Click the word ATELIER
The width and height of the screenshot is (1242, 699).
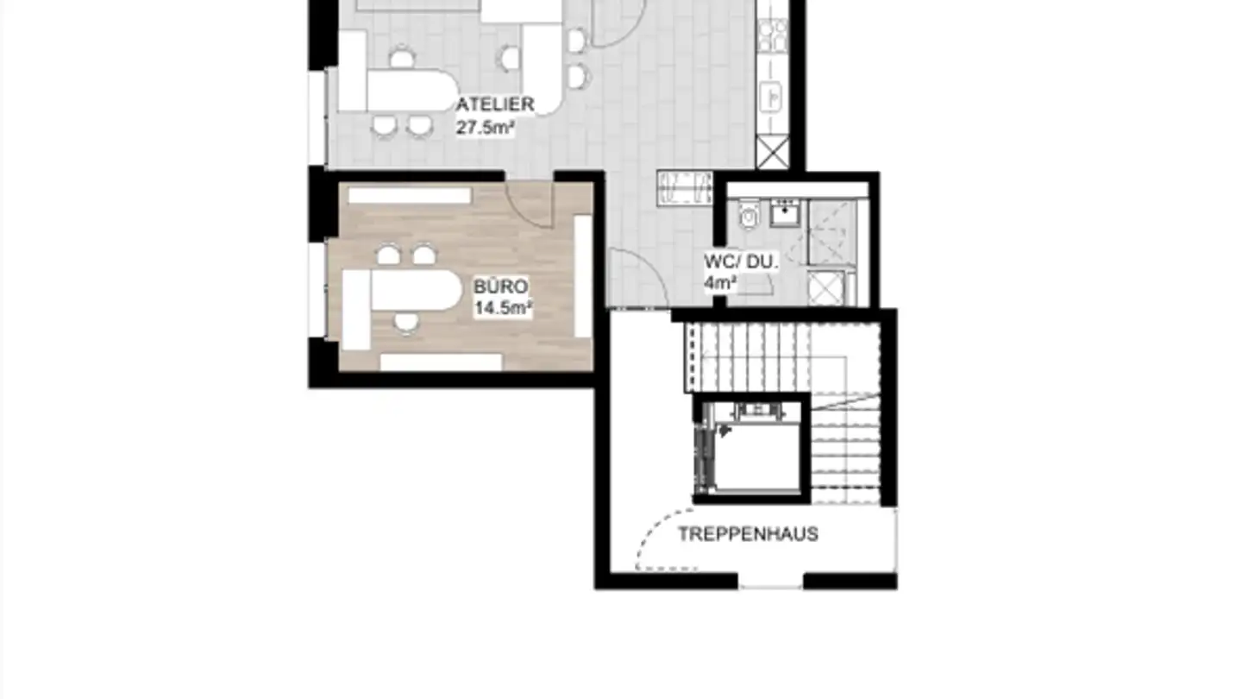pos(496,104)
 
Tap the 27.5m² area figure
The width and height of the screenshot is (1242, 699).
pos(486,127)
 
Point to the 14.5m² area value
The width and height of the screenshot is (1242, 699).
pos(503,308)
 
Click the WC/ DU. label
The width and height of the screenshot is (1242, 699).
pos(741,261)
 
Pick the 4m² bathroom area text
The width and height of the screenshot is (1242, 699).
pos(720,282)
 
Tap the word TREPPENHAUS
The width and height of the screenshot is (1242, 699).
pos(748,534)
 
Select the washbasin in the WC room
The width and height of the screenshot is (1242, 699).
pos(785,211)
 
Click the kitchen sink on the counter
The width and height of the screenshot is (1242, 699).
pos(771,96)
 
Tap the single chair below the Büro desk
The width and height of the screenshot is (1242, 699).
pos(406,323)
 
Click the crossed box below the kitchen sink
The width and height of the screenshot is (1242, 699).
pos(772,153)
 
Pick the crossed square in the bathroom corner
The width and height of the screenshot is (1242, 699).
pos(825,287)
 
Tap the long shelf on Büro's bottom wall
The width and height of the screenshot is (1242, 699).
pos(441,362)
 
